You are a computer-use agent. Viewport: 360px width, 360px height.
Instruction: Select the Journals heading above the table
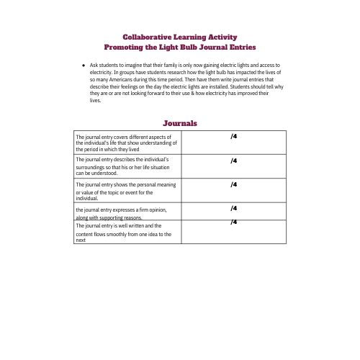tap(180, 124)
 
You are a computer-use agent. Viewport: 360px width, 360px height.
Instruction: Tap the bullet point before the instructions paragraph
tap(84, 65)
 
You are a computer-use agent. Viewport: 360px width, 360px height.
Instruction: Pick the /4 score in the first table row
tap(234, 136)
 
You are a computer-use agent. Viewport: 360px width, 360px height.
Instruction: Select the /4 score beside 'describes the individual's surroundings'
tap(234, 161)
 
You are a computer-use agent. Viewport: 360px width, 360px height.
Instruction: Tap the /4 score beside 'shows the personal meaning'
tap(234, 184)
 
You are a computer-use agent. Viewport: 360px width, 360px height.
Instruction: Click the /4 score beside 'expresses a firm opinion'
tap(234, 208)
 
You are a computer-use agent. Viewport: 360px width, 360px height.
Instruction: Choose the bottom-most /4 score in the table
tap(234, 221)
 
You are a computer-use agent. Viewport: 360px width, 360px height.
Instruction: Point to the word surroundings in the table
tap(90, 167)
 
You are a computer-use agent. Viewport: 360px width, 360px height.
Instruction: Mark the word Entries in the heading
tap(240, 47)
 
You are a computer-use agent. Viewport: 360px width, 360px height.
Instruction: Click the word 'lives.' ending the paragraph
tap(95, 101)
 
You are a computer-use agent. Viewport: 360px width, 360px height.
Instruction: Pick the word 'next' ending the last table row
tap(81, 240)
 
